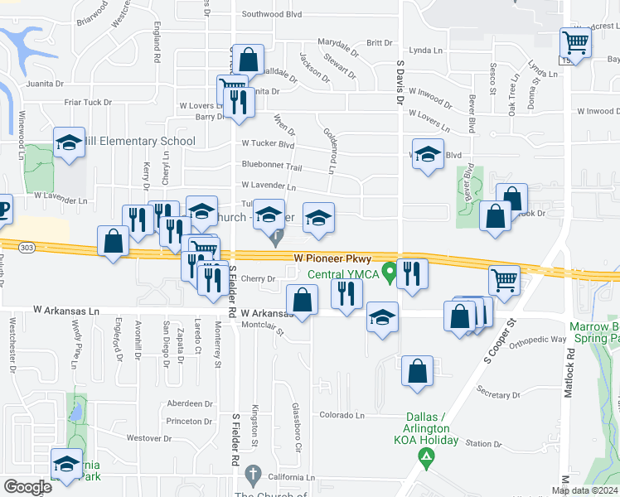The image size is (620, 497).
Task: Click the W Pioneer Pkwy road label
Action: (332, 259)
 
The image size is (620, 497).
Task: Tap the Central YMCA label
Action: (343, 275)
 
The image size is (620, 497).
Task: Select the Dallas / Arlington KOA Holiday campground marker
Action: (427, 456)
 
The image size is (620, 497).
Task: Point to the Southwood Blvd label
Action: (270, 14)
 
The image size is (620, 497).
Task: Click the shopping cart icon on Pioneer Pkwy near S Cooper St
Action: (503, 281)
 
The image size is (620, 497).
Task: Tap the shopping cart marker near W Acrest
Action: (575, 41)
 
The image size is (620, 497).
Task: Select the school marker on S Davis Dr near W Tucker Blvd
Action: (428, 155)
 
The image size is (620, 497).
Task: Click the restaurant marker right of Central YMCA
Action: (412, 273)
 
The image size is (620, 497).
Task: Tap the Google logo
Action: (27, 487)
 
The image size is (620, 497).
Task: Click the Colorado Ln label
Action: (342, 415)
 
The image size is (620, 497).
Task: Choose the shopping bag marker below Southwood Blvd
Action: (248, 60)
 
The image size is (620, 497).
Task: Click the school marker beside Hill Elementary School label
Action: (70, 142)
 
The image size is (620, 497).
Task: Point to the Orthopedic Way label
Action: (537, 340)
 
